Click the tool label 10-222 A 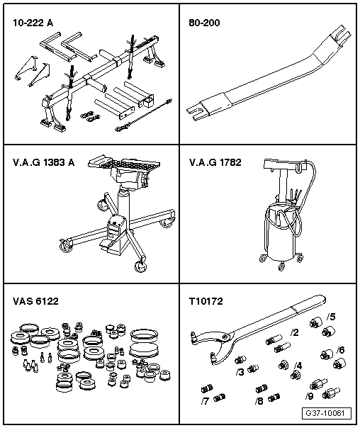[x=33, y=23]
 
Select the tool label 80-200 [x=204, y=23]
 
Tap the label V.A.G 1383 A [x=44, y=162]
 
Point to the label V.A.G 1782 [x=215, y=162]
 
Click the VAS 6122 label [x=35, y=301]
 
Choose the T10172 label [x=206, y=301]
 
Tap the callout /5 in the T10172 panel [x=331, y=317]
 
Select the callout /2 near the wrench [x=295, y=332]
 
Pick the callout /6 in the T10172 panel [x=340, y=349]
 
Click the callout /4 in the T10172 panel [x=298, y=366]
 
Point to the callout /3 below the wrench [x=240, y=372]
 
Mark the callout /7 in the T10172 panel [x=205, y=401]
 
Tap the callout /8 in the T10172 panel [x=259, y=401]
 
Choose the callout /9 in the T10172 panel [x=309, y=396]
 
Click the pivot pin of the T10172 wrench [x=225, y=337]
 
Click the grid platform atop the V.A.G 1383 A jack [x=124, y=163]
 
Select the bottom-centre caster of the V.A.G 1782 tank [x=281, y=266]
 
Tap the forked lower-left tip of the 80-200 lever [x=194, y=113]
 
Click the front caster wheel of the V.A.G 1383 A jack [x=140, y=266]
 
